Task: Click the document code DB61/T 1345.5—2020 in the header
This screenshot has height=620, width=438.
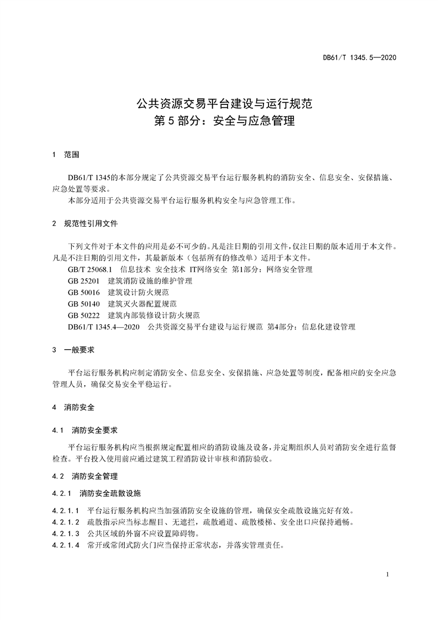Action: click(360, 57)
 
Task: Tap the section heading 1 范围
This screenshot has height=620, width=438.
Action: click(65, 155)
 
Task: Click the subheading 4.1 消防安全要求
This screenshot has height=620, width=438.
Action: click(84, 430)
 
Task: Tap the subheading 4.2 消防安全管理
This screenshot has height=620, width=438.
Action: click(84, 476)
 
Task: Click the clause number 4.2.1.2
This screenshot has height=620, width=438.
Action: click(65, 522)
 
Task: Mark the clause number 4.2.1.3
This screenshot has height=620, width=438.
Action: click(65, 534)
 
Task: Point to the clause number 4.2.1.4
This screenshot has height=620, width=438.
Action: click(65, 545)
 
